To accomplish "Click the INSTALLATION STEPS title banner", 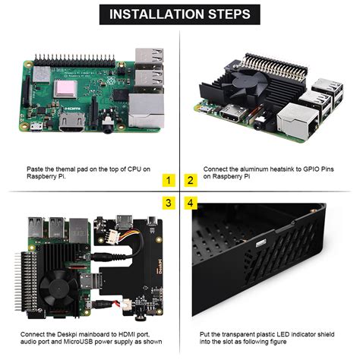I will click(x=180, y=14).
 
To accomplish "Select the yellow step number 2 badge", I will click(x=191, y=180).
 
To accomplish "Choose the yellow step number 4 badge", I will click(x=191, y=204).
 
